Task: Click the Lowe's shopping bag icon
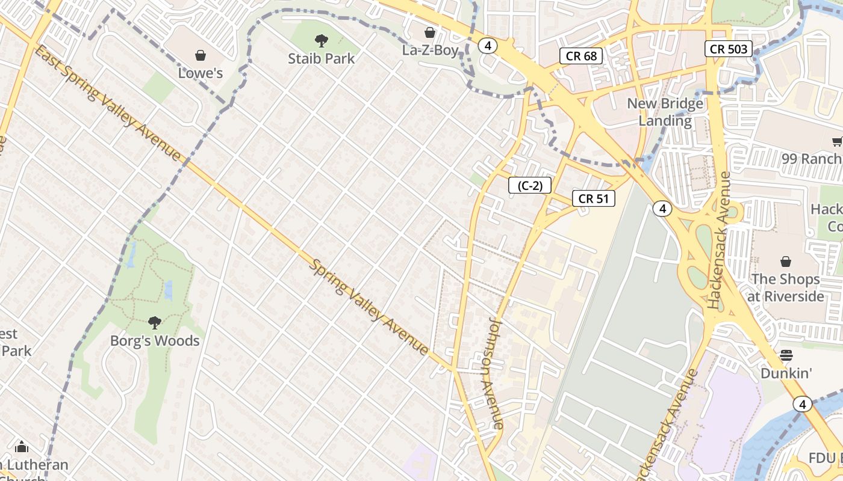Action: pyautogui.click(x=201, y=55)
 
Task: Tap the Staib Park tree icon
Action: pyautogui.click(x=322, y=41)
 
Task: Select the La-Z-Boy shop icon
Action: pyautogui.click(x=430, y=32)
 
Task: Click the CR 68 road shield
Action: pyautogui.click(x=581, y=57)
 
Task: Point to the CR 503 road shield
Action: pyautogui.click(x=729, y=49)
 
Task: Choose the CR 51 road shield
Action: pyautogui.click(x=594, y=198)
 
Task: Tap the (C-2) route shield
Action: pyautogui.click(x=530, y=186)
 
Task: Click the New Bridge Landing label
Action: pyautogui.click(x=665, y=112)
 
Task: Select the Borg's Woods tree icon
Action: pyautogui.click(x=155, y=323)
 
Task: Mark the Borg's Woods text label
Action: pyautogui.click(x=155, y=341)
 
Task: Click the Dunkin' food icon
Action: pyautogui.click(x=786, y=355)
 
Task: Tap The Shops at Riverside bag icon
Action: pyautogui.click(x=785, y=262)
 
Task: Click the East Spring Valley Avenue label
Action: pyautogui.click(x=108, y=103)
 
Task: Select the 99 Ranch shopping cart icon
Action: pyautogui.click(x=836, y=141)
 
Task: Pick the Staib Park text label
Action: pyautogui.click(x=322, y=58)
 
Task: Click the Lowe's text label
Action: pyautogui.click(x=201, y=73)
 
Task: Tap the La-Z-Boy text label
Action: pyautogui.click(x=431, y=51)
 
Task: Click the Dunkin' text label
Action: pyautogui.click(x=786, y=373)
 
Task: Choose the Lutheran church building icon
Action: pyautogui.click(x=22, y=447)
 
